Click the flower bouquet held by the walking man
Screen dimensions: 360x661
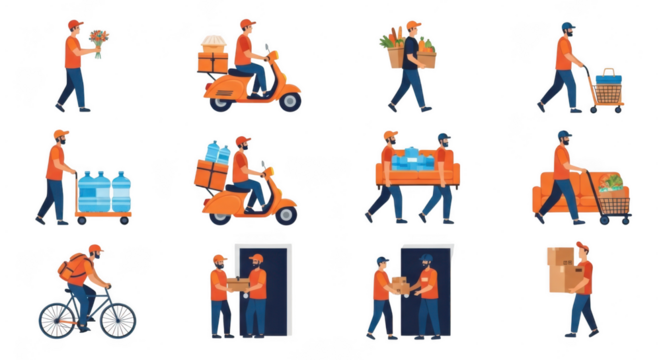(98, 40)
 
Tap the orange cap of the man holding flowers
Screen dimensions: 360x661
(74, 23)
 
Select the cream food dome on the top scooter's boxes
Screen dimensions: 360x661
(213, 42)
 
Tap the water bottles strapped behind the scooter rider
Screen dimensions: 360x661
(216, 153)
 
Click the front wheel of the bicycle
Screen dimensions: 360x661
(117, 319)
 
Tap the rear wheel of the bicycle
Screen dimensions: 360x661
(58, 319)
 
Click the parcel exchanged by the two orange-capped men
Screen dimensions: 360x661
(238, 285)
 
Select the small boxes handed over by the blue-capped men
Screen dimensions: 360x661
(399, 285)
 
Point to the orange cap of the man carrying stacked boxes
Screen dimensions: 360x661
(582, 246)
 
